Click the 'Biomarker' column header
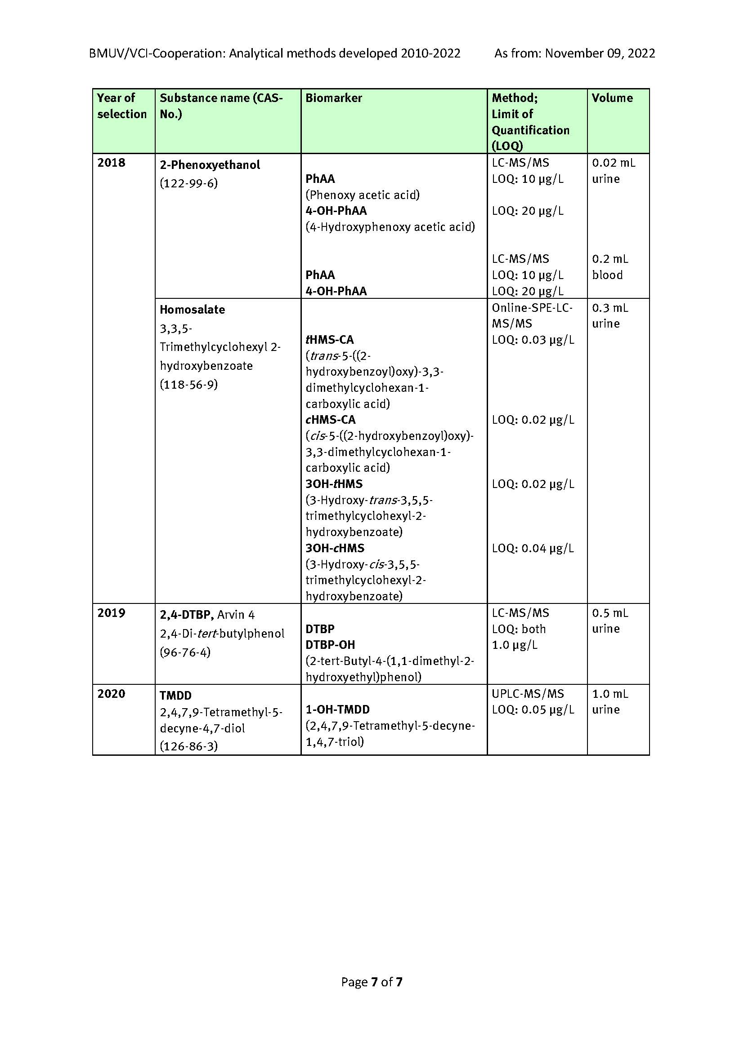(x=333, y=98)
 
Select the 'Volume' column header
(x=612, y=98)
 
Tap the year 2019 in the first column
(x=111, y=613)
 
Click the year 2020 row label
(x=111, y=694)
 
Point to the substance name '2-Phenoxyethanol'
(x=210, y=165)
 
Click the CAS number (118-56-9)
(x=189, y=385)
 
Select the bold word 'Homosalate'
(x=193, y=310)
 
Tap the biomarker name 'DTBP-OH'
(x=330, y=645)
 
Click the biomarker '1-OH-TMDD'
(x=338, y=710)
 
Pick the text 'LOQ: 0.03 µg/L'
(x=533, y=340)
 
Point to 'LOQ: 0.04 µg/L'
(x=533, y=548)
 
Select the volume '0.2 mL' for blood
(x=610, y=259)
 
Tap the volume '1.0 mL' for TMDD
(x=610, y=694)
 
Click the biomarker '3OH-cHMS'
(x=335, y=548)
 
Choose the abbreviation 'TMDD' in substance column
(x=175, y=696)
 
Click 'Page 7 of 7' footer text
(x=372, y=982)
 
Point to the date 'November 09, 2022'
(x=600, y=53)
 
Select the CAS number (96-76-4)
(x=185, y=652)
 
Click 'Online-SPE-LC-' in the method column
(x=532, y=308)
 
